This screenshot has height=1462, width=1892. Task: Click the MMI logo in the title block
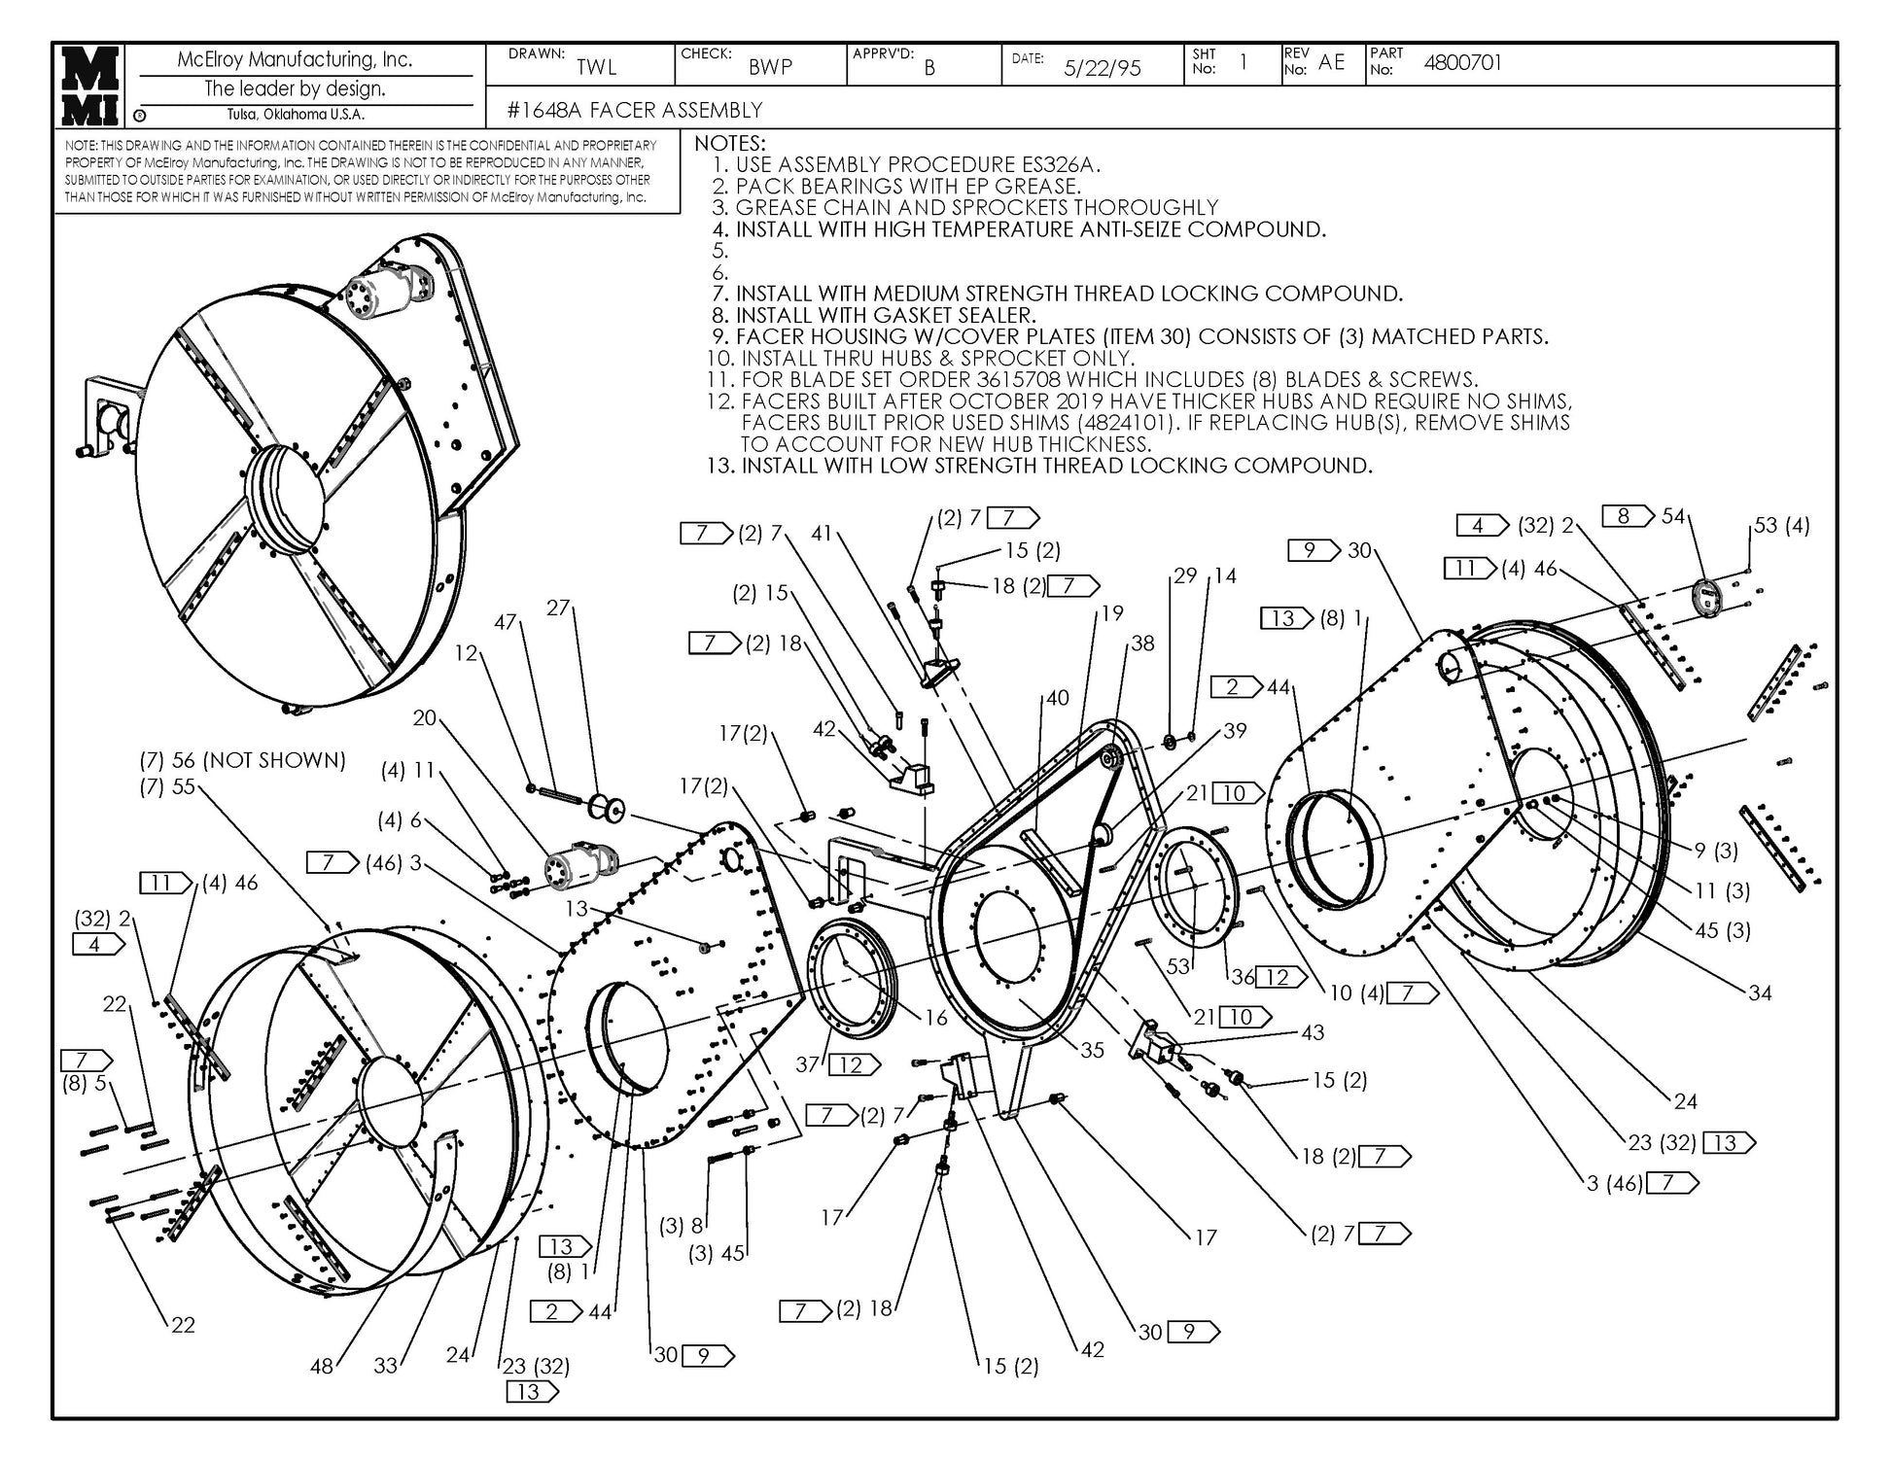91,86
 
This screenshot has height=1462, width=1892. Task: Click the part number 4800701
1462,63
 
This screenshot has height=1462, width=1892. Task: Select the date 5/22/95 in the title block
1102,68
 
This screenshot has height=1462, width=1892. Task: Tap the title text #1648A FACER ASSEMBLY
635,110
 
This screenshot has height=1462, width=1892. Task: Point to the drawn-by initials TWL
596,67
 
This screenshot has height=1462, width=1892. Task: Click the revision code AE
1331,62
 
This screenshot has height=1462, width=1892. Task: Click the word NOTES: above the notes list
730,144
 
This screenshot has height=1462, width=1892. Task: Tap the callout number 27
557,609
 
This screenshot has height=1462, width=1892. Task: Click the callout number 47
506,622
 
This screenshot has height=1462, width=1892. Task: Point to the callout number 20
424,718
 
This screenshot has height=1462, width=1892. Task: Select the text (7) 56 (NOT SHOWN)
242,760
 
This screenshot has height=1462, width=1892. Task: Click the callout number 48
322,1367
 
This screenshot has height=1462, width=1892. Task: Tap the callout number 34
1760,992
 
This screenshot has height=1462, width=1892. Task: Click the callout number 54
1672,516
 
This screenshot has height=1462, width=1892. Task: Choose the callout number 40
1057,698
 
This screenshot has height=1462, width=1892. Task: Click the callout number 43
1313,1032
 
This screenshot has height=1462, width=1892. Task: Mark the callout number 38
1142,644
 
